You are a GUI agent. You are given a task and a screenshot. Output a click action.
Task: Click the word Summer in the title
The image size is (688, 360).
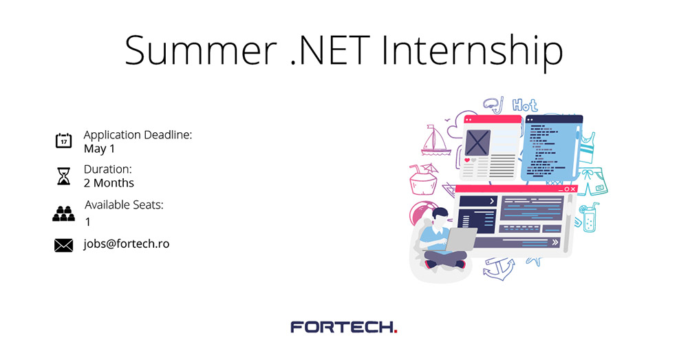200,50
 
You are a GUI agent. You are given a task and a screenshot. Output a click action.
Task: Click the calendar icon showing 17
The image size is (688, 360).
63,140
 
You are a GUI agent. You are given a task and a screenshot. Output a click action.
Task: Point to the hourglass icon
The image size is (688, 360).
63,176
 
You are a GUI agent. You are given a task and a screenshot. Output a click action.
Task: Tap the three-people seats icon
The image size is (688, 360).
63,213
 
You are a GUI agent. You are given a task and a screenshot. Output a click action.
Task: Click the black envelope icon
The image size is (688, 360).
63,246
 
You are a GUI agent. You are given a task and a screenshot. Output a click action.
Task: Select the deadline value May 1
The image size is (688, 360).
99,149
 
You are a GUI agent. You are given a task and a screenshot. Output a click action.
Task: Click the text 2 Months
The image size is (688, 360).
109,183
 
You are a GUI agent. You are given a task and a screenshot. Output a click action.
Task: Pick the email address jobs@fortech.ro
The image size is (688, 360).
127,244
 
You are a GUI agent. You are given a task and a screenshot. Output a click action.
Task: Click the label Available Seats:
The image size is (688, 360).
124,204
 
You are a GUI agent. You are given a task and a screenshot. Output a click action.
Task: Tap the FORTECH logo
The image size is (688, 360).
343,327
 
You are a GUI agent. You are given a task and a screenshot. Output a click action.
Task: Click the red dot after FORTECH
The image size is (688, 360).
396,332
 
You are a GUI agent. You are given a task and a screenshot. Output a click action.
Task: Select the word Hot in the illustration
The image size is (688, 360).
525,105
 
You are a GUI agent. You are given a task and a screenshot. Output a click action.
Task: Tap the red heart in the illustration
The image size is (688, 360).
467,160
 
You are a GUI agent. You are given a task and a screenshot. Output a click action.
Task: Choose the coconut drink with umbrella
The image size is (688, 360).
423,178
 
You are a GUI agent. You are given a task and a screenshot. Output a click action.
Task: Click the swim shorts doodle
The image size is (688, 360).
593,181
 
